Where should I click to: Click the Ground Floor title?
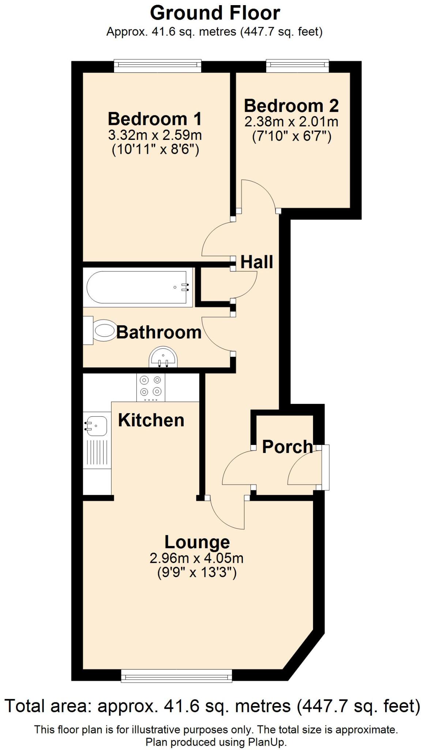click(x=215, y=13)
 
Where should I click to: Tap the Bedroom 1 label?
click(x=155, y=119)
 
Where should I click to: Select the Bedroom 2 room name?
click(x=291, y=106)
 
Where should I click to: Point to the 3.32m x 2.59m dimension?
click(x=155, y=135)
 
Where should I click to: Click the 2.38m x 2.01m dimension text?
click(x=291, y=122)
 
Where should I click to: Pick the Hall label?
click(x=257, y=262)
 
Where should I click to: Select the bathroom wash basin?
click(x=163, y=357)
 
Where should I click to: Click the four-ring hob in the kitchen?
click(x=151, y=387)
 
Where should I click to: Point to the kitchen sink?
click(x=97, y=426)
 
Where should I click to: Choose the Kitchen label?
click(x=151, y=420)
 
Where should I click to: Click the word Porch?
click(x=288, y=447)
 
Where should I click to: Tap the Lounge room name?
click(x=197, y=542)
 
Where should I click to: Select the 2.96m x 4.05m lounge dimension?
click(x=196, y=558)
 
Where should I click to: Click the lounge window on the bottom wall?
click(x=177, y=676)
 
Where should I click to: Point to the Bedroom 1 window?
click(x=158, y=66)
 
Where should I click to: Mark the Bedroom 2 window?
click(x=297, y=66)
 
